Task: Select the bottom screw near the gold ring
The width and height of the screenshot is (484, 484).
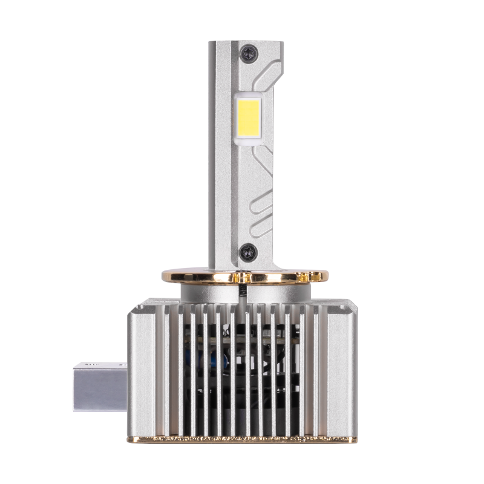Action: [247, 249]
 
